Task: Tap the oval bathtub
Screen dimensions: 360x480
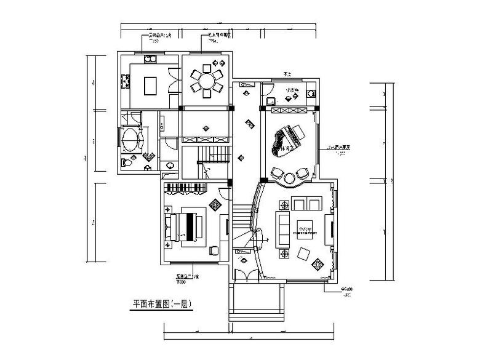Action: (130, 140)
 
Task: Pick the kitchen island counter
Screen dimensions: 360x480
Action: (150, 85)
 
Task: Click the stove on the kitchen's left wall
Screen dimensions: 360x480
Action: (125, 80)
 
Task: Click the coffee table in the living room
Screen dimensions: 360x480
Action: (305, 227)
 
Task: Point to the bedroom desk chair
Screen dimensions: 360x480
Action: (214, 250)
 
